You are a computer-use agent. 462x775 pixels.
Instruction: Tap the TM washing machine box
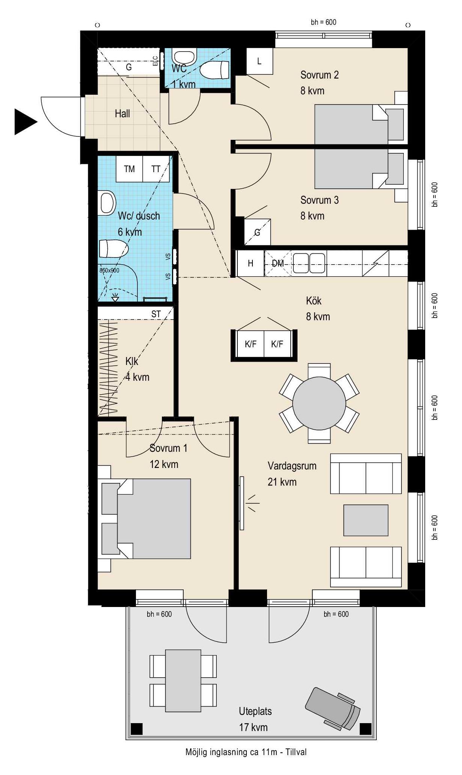click(129, 169)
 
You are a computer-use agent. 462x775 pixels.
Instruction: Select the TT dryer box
click(156, 169)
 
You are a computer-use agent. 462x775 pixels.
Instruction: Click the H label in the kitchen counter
click(251, 263)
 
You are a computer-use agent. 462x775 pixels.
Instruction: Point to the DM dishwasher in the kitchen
click(278, 263)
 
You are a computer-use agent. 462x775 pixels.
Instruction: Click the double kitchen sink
click(309, 263)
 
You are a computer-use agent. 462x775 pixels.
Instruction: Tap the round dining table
click(319, 403)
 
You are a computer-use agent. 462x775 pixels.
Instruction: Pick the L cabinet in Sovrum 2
click(259, 61)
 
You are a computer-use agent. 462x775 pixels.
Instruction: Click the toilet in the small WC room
click(214, 70)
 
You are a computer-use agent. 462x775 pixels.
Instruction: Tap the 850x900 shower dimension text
click(109, 270)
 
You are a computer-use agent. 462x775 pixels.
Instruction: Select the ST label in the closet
click(156, 314)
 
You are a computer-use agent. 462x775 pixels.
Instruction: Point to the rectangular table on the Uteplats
click(183, 681)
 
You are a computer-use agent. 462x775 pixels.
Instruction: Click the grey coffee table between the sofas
click(366, 520)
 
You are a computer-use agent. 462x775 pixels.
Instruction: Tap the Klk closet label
click(132, 361)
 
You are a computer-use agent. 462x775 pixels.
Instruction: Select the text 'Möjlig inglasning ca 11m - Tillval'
click(246, 752)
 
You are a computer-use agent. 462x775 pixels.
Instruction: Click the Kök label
click(314, 301)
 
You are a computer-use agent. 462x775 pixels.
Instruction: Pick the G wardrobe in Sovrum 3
click(257, 232)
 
